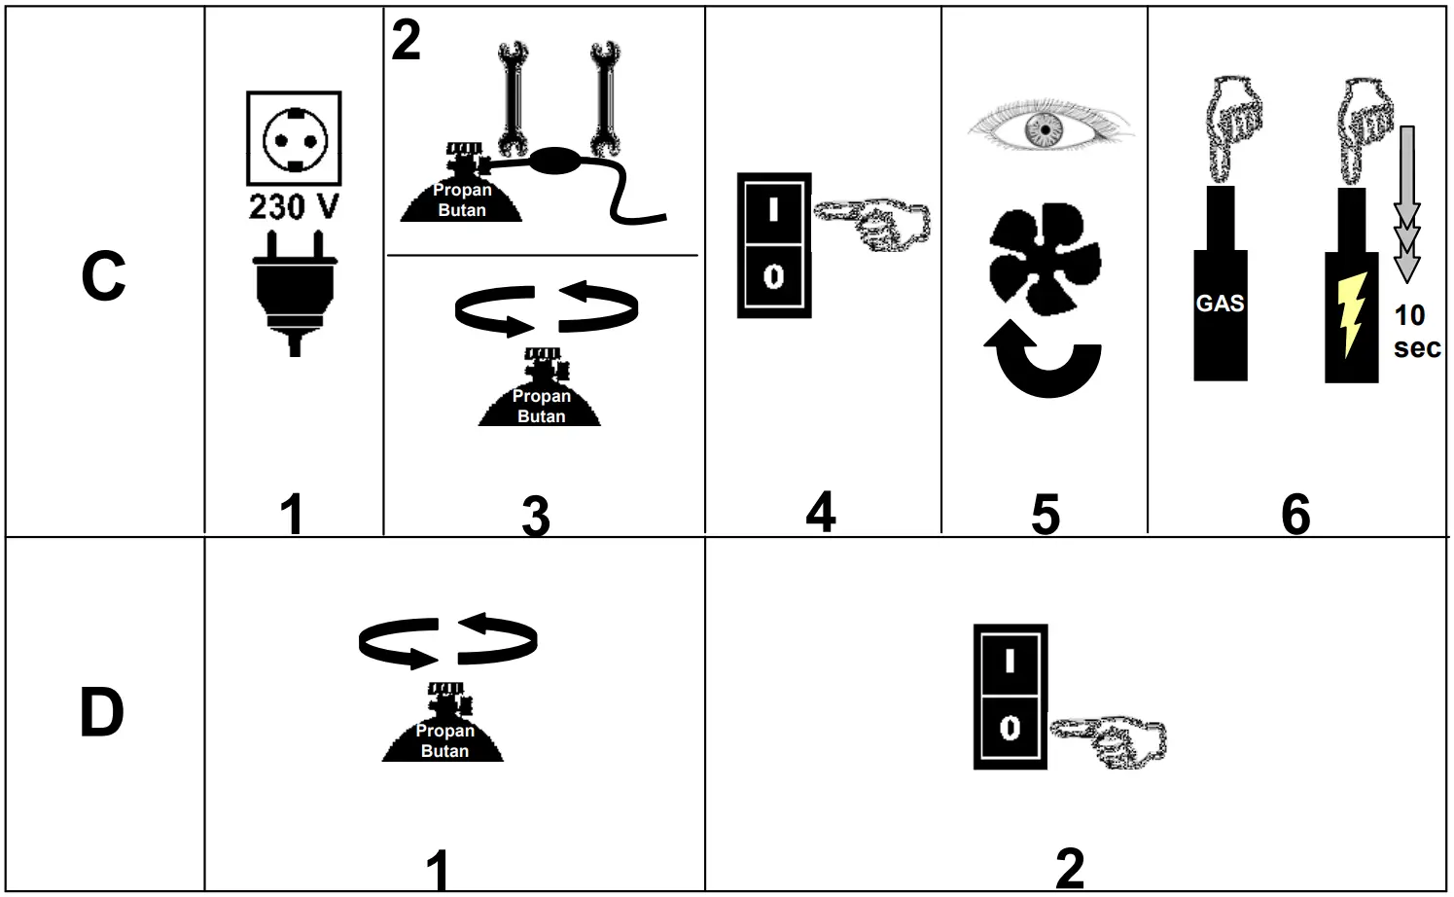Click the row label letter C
[x=103, y=276]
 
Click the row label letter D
[x=102, y=713]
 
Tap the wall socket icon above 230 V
[x=294, y=137]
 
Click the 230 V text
[x=294, y=207]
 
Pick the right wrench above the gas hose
[x=605, y=97]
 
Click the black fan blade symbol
[x=1044, y=257]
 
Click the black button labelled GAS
[x=1221, y=304]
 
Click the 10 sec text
[x=1415, y=331]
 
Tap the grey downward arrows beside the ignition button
[x=1406, y=205]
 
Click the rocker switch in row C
[x=774, y=245]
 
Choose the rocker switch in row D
[x=1011, y=696]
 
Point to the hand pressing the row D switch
[x=1112, y=739]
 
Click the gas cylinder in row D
[x=443, y=726]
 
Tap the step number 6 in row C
[x=1294, y=513]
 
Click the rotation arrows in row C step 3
[x=547, y=306]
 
